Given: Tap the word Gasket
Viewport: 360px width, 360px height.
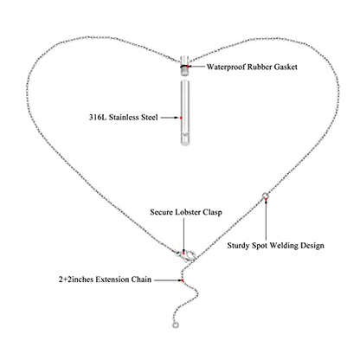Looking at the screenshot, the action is tap(286, 67).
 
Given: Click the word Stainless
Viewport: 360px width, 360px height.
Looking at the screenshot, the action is tap(124, 118).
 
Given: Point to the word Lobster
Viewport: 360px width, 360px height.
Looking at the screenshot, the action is tap(188, 212).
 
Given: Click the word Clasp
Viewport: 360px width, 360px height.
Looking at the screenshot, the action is tap(212, 213).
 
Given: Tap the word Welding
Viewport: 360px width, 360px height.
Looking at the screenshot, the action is tap(284, 246).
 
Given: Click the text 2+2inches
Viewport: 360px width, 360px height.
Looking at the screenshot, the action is tap(76, 280).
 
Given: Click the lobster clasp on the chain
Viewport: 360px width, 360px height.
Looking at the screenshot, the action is tap(187, 256).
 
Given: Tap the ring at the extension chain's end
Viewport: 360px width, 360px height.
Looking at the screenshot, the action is tap(176, 325).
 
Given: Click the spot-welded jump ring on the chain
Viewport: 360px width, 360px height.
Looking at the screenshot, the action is tap(265, 196).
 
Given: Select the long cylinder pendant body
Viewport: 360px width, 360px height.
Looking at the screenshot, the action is tap(185, 112).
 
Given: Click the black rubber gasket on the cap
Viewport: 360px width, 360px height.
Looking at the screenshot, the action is tap(184, 67).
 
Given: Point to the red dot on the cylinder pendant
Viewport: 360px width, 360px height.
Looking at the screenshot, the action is tap(181, 118).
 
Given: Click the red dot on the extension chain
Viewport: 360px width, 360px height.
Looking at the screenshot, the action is tap(183, 280).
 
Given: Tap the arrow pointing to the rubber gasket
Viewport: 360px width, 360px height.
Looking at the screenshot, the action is tap(196, 67).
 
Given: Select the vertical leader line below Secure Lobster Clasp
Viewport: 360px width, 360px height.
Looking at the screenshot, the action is tap(183, 235).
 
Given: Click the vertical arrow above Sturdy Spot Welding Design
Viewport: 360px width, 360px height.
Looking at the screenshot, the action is tap(266, 219).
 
